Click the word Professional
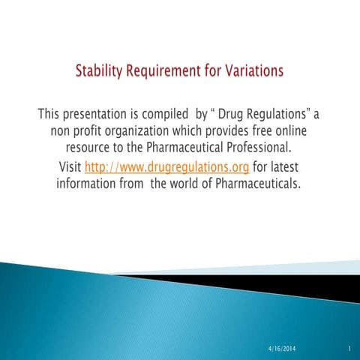[x=257, y=148]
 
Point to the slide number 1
[x=350, y=349]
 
